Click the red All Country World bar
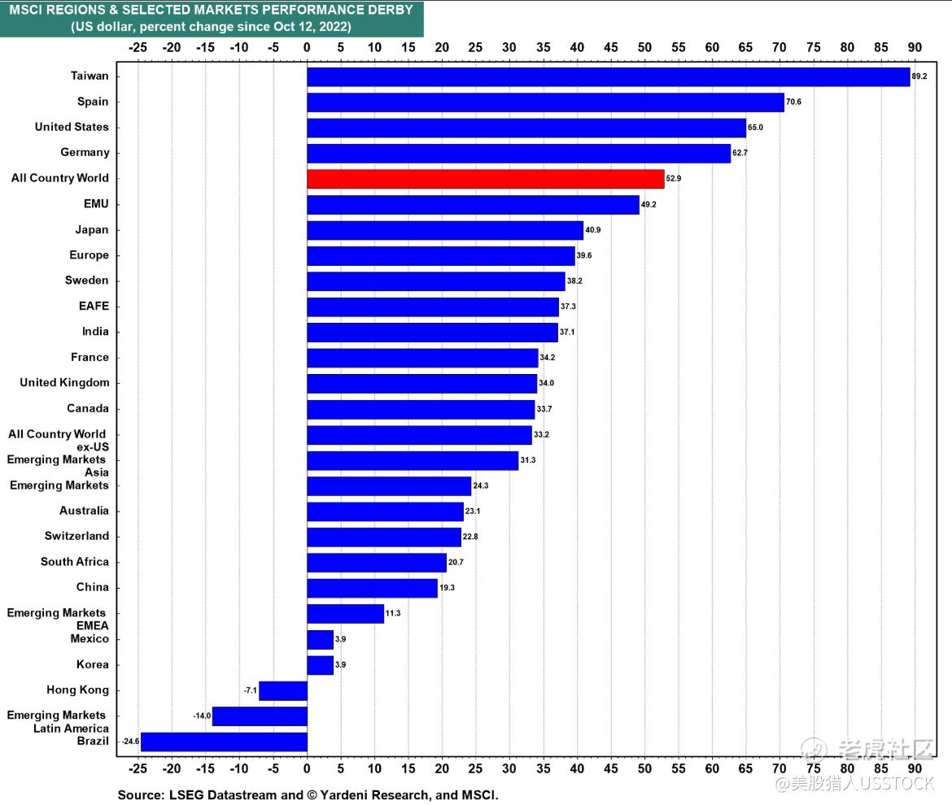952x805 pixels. [485, 179]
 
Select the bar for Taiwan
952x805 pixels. [608, 76]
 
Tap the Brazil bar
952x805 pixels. [224, 742]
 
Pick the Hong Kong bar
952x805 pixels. [282, 690]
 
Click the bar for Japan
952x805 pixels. [444, 230]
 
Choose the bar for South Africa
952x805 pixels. [376, 562]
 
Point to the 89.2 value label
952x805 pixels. [919, 76]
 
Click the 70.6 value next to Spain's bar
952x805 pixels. [795, 102]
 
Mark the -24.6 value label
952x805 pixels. [130, 742]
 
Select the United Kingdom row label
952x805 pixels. [64, 382]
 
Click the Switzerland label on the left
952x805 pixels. [76, 536]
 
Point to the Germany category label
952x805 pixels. [85, 152]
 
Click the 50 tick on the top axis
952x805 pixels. [644, 47]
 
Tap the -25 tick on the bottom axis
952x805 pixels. [138, 768]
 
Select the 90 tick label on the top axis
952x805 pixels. [915, 47]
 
